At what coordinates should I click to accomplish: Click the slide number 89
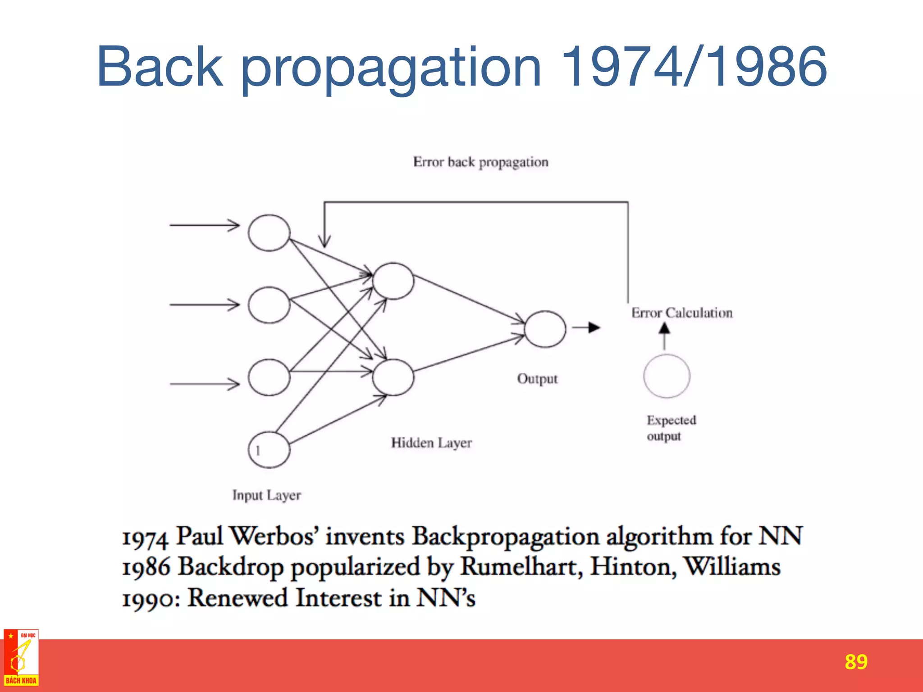(856, 662)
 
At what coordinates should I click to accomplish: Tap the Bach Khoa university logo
(21, 658)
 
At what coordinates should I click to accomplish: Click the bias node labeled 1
(269, 450)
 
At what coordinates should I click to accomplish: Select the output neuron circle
(545, 329)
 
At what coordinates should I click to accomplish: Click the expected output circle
(667, 376)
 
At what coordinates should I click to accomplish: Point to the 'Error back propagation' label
(480, 162)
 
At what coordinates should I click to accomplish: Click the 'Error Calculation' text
(681, 313)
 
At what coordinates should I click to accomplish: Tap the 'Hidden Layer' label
(431, 443)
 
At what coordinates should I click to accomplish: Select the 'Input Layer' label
(266, 495)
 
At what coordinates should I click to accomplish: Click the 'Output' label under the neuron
(537, 379)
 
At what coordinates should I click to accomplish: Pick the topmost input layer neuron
(269, 232)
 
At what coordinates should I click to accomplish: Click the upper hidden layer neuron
(393, 281)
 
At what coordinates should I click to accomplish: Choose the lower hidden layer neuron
(393, 378)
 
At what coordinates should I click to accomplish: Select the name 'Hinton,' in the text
(633, 567)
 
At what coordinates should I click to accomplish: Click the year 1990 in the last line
(148, 599)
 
